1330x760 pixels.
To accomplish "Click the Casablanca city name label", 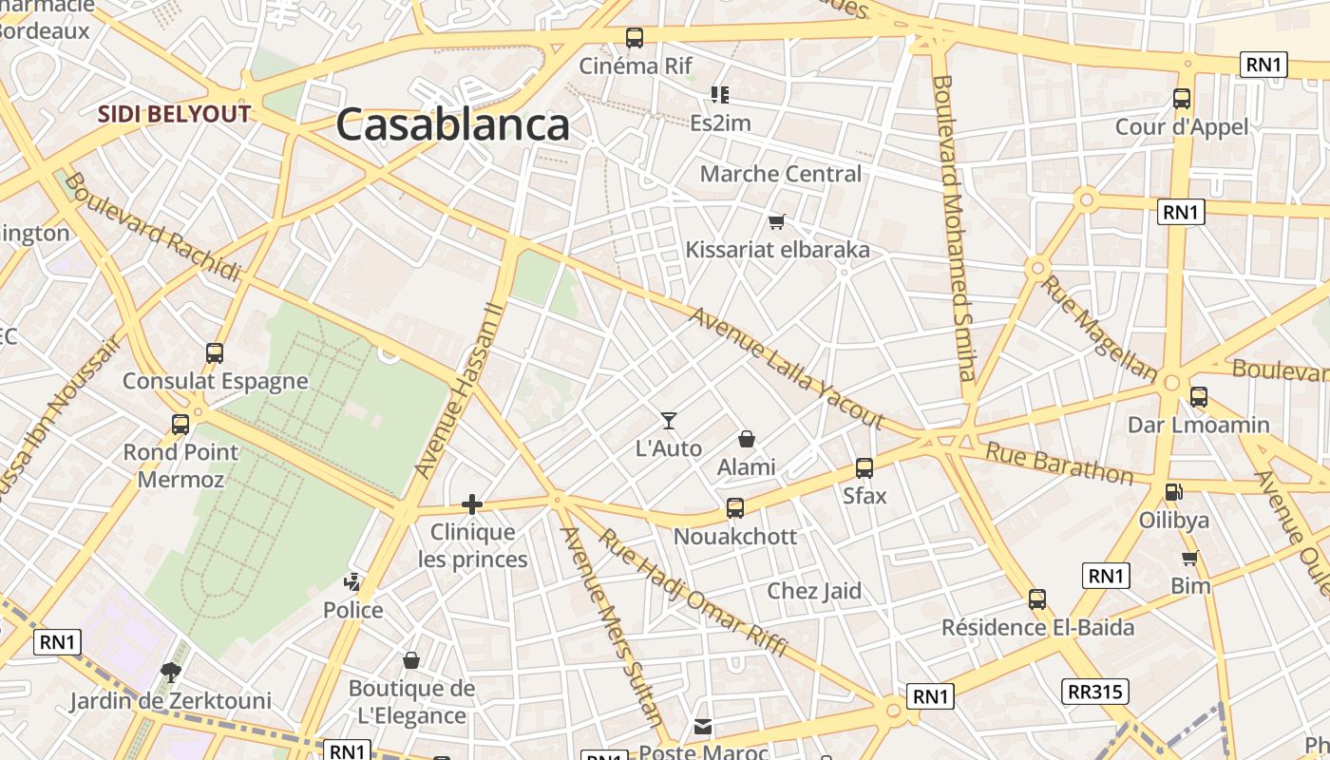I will click(x=452, y=124).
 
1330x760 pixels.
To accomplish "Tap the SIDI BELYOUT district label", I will click(x=175, y=115).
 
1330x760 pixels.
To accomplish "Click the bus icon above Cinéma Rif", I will click(x=635, y=38).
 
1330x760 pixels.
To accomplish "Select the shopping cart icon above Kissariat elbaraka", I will click(x=777, y=221).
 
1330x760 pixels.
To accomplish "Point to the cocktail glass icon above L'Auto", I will click(x=669, y=420).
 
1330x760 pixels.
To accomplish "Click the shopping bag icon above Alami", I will click(x=747, y=439).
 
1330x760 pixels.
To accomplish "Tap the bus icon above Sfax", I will click(x=864, y=467).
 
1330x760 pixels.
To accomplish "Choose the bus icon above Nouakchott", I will click(x=735, y=508).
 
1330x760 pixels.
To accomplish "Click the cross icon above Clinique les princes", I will click(x=472, y=503).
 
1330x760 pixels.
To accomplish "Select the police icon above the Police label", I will click(x=352, y=580).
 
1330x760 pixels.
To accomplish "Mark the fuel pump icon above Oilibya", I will click(x=1174, y=492).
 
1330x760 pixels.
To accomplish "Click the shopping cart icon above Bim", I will click(x=1189, y=558).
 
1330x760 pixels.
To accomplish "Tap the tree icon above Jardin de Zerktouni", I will click(x=171, y=673).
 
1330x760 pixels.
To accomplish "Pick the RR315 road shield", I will click(x=1096, y=691).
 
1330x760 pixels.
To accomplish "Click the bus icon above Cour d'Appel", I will click(x=1182, y=98).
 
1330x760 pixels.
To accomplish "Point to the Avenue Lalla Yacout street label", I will click(x=787, y=369).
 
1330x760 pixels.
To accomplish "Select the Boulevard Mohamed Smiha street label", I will click(x=954, y=228).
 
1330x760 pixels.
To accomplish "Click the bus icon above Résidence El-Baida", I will click(x=1037, y=599).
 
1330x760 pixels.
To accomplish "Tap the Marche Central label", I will click(x=781, y=174).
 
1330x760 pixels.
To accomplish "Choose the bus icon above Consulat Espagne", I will click(x=215, y=353).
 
